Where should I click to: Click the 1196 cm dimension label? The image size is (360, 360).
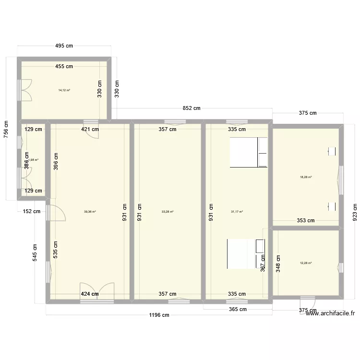159,315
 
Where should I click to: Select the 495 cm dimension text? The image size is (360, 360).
63,46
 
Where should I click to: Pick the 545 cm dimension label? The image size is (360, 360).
36,250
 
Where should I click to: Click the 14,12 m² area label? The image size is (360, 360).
64,90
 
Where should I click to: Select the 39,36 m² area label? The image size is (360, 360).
90,212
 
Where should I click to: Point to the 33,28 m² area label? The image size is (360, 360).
168,212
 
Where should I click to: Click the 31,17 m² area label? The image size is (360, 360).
237,212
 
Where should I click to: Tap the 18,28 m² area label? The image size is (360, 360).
306,177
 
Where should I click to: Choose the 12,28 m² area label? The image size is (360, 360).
306,263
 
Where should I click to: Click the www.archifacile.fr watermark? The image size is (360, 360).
330,313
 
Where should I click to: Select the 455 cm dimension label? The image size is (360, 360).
63,67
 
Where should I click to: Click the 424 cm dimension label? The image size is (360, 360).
90,294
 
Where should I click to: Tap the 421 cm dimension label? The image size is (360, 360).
90,129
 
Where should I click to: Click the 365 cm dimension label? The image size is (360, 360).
237,309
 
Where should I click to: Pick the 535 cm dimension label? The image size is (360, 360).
56,250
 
